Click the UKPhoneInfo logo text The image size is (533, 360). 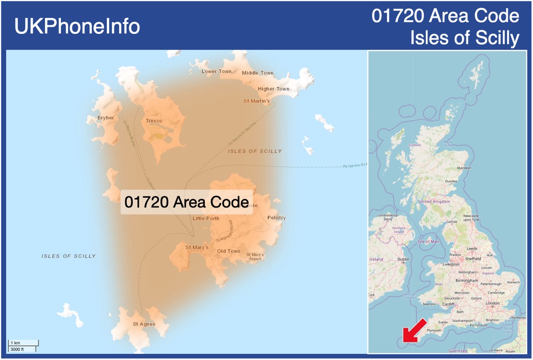coord(77,26)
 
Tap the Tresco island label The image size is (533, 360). coord(154,121)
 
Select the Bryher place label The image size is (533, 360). coord(106,118)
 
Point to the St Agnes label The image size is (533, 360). coord(144,324)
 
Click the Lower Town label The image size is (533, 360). coord(217,71)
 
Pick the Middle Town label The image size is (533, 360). coord(258,73)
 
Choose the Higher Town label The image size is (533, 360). coord(273,89)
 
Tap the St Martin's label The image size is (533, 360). coord(257,101)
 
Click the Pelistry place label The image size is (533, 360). coord(276,218)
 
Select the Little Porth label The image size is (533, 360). coord(206,219)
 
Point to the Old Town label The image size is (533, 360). coord(229,251)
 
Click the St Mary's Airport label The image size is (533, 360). coord(255,257)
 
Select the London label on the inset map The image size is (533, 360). coord(492,303)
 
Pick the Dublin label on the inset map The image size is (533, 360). coord(403,259)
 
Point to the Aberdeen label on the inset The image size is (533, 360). coord(464,168)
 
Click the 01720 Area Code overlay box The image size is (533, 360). coord(186,202)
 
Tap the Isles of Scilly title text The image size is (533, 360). coord(465,38)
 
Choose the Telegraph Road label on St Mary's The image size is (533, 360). coord(224,232)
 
